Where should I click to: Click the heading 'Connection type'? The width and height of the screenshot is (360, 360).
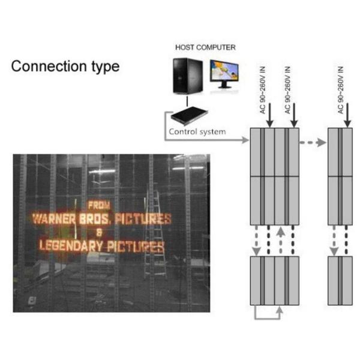pyautogui.click(x=65, y=65)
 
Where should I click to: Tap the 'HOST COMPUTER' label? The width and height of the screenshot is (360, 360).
pyautogui.click(x=205, y=47)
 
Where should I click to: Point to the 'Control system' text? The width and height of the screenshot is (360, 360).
pyautogui.click(x=197, y=131)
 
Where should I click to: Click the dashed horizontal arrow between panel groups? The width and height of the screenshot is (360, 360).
pyautogui.click(x=313, y=143)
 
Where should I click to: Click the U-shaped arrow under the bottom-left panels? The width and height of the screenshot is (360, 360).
pyautogui.click(x=268, y=313)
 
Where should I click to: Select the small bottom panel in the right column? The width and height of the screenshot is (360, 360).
pyautogui.click(x=340, y=281)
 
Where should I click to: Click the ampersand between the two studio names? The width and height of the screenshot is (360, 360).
pyautogui.click(x=100, y=232)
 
